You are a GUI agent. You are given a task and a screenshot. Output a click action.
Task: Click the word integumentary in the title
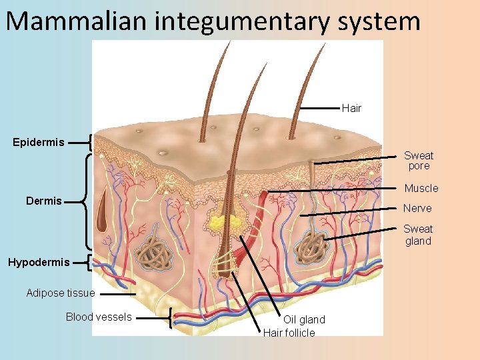pos(241,22)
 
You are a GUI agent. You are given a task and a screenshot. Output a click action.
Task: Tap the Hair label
pos(351,108)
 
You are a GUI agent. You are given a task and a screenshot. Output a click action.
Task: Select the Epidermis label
pos(39,142)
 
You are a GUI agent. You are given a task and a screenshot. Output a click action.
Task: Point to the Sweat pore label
pos(419,161)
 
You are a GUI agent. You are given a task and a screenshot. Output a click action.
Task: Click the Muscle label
pos(421,188)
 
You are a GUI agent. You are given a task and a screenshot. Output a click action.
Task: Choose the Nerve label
pos(417,208)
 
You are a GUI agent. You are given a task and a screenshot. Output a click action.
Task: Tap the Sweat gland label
pos(418,235)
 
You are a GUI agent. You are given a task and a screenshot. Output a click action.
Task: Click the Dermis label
pos(43,201)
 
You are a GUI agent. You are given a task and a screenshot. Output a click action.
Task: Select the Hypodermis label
pos(39,262)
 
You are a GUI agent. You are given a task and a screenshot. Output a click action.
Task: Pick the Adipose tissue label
pos(61,293)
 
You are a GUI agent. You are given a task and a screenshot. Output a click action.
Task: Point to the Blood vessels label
pos(99,317)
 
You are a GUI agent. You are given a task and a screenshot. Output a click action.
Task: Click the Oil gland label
pos(304,320)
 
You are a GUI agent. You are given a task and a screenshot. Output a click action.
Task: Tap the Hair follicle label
pos(289,333)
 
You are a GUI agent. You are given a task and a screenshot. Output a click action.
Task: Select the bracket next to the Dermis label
pos(85,201)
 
